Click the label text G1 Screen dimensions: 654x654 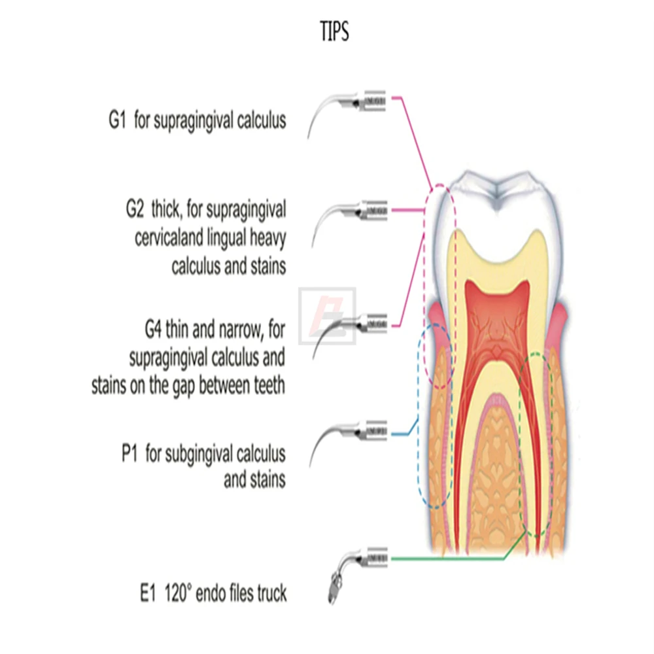pyautogui.click(x=118, y=122)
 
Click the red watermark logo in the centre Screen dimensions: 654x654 pyautogui.click(x=327, y=316)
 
